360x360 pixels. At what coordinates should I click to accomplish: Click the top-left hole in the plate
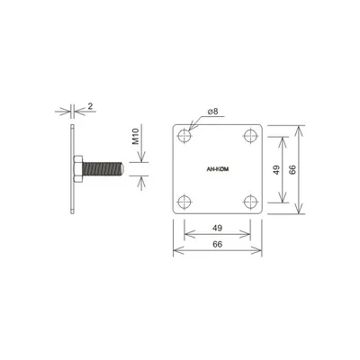click(185, 136)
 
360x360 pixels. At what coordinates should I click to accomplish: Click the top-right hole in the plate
click(249, 136)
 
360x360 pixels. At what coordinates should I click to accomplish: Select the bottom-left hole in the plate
click(185, 200)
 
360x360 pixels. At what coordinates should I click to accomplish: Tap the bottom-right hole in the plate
click(249, 200)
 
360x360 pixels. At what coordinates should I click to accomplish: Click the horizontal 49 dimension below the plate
click(217, 229)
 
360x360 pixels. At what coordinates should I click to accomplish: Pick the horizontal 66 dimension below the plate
click(217, 245)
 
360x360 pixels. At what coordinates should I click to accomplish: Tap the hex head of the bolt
click(77, 167)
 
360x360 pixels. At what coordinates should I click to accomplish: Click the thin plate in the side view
click(67, 168)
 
